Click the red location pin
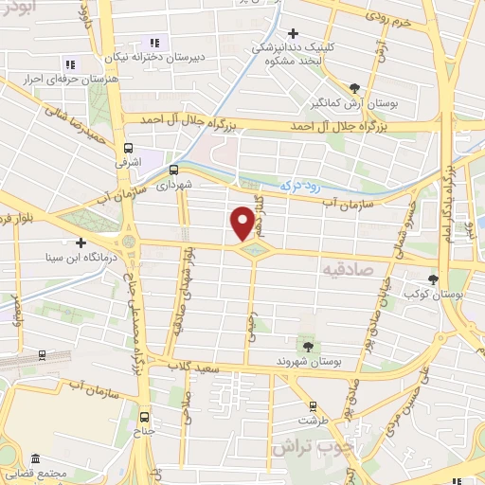click(x=243, y=223)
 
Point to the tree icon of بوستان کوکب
click(x=433, y=278)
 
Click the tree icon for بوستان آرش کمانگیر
click(x=354, y=85)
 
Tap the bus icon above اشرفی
click(x=129, y=148)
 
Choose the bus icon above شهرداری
click(x=172, y=171)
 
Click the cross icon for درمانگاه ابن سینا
click(x=81, y=242)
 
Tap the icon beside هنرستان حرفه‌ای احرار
click(x=69, y=63)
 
